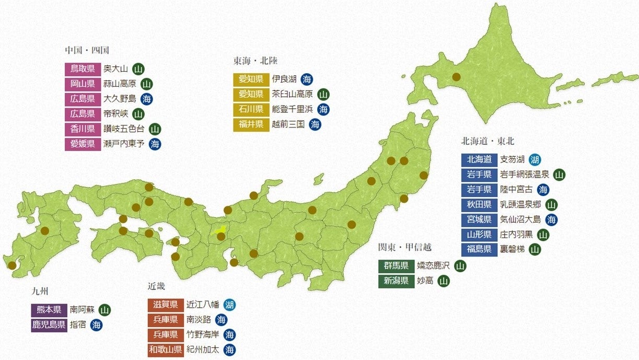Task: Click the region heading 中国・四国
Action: tap(87, 50)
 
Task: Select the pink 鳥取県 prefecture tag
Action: tap(83, 68)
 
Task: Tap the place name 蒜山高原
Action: tap(120, 84)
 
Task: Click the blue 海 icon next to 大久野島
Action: tap(147, 99)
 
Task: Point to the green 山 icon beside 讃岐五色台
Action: tap(155, 129)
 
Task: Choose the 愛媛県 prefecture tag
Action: tap(83, 144)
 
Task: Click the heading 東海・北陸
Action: tap(255, 61)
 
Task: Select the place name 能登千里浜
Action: tap(292, 109)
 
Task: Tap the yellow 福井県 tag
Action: tap(251, 124)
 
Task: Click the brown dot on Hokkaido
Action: tap(456, 77)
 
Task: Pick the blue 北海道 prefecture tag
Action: tap(479, 159)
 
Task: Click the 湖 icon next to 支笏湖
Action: tap(534, 159)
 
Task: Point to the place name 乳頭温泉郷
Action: tap(520, 204)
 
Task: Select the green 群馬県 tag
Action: tap(396, 266)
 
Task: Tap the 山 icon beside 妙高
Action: tap(443, 281)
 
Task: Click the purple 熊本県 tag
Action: tap(49, 310)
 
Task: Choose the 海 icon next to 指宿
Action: tap(96, 325)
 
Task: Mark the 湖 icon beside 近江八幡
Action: tap(229, 305)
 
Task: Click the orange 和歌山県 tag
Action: tap(166, 350)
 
